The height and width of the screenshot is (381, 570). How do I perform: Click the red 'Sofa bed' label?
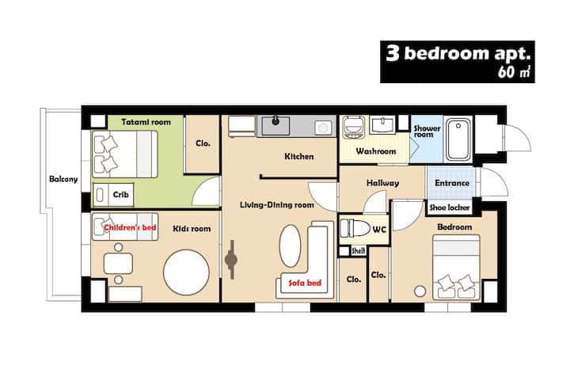(x=305, y=283)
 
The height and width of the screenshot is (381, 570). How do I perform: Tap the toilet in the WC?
(x=352, y=228)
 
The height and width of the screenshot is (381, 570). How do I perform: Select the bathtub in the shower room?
(x=458, y=139)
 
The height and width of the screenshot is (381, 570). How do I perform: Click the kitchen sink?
(x=276, y=125)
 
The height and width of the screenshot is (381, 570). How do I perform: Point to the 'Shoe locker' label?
(x=450, y=208)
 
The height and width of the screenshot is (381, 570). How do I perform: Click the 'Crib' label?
(x=120, y=195)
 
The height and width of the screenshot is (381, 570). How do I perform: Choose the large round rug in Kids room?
(x=186, y=272)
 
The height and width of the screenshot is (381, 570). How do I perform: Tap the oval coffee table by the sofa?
(x=290, y=246)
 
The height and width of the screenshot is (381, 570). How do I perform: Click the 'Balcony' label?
(x=63, y=179)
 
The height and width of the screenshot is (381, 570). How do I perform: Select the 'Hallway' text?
(x=382, y=183)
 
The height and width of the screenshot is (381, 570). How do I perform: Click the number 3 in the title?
(x=393, y=53)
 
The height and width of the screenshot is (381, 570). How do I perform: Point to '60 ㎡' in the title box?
(x=514, y=71)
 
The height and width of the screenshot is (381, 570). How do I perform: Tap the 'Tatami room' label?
(x=146, y=122)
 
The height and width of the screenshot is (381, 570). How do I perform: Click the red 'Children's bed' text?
(x=130, y=227)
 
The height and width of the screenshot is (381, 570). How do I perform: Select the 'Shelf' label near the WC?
(x=358, y=251)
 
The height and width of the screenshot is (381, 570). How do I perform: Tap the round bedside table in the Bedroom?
(x=420, y=291)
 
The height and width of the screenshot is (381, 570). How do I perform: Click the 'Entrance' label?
(x=452, y=183)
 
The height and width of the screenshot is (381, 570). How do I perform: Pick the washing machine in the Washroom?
(x=353, y=127)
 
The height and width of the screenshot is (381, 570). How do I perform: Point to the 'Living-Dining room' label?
(x=277, y=205)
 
